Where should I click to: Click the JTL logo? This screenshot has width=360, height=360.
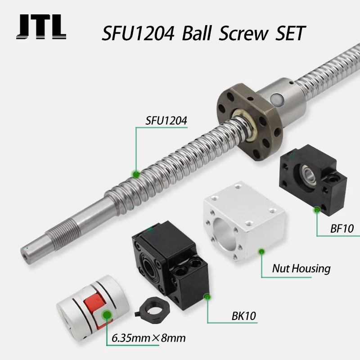(41, 27)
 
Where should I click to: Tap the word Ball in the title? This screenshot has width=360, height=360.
(197, 33)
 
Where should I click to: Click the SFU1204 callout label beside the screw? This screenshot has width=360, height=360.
(166, 121)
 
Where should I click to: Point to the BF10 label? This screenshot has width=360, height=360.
(342, 229)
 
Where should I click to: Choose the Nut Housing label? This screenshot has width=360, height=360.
(301, 269)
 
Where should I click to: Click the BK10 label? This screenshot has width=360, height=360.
(243, 316)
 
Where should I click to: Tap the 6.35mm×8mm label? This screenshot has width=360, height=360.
(148, 338)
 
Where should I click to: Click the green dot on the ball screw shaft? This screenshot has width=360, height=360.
(136, 175)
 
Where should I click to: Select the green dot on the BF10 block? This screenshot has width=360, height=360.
(317, 210)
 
